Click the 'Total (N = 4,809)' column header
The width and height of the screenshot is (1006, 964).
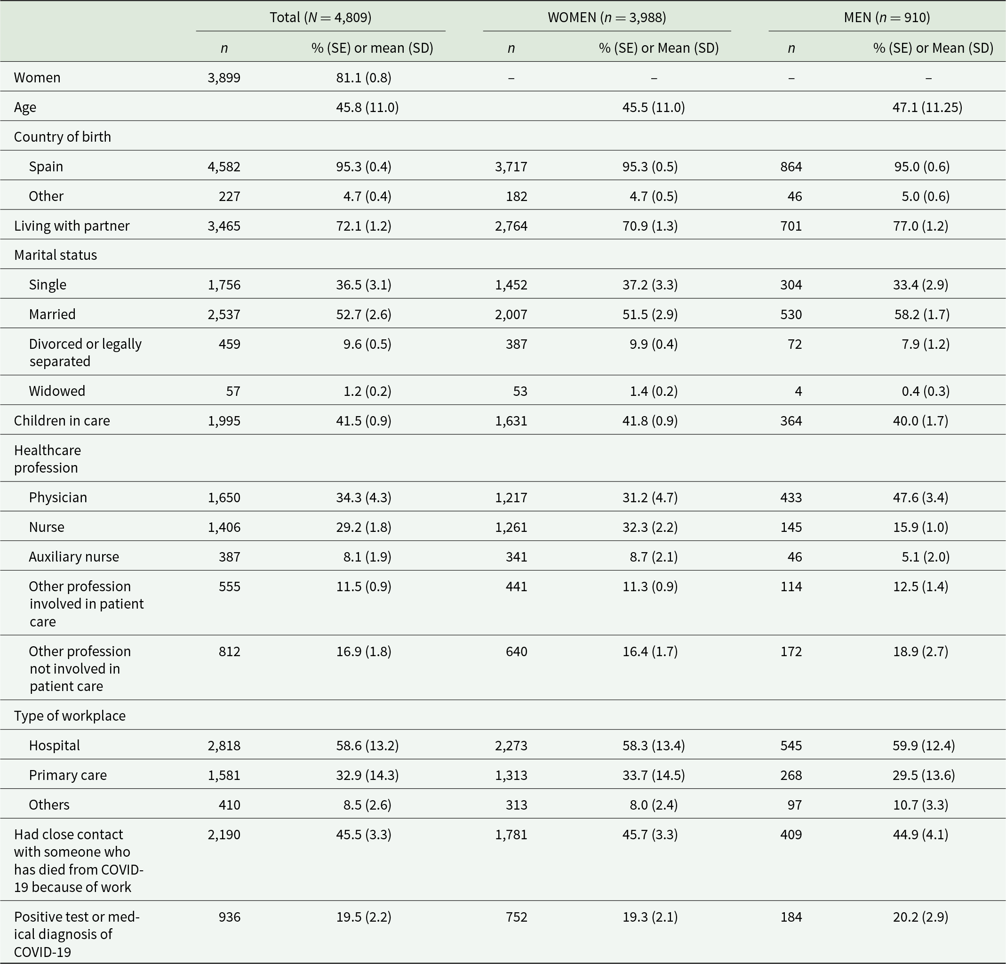pos(320,17)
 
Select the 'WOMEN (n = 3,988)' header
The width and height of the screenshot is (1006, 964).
pos(607,17)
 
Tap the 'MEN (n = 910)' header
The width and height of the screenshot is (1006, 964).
pos(887,17)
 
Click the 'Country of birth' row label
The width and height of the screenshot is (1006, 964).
pos(63,137)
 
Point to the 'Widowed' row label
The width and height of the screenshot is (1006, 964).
pos(57,391)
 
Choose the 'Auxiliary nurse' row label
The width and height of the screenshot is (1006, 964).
pos(74,557)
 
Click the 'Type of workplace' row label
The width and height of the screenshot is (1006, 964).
pos(70,715)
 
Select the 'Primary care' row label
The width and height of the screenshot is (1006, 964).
pos(68,775)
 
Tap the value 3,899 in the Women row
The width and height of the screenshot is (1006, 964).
pos(224,78)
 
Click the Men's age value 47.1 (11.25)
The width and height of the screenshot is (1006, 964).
pos(927,107)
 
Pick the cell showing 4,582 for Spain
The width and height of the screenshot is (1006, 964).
pos(224,167)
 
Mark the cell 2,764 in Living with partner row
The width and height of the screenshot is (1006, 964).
pos(511,226)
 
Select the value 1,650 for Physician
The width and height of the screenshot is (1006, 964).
pos(224,497)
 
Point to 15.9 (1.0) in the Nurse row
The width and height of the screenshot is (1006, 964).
pos(920,527)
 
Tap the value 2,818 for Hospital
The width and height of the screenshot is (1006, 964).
pos(224,745)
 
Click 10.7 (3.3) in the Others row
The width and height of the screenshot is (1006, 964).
pos(920,805)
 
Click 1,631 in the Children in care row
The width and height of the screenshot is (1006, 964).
pos(511,421)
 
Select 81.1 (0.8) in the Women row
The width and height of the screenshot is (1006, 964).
pos(363,78)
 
